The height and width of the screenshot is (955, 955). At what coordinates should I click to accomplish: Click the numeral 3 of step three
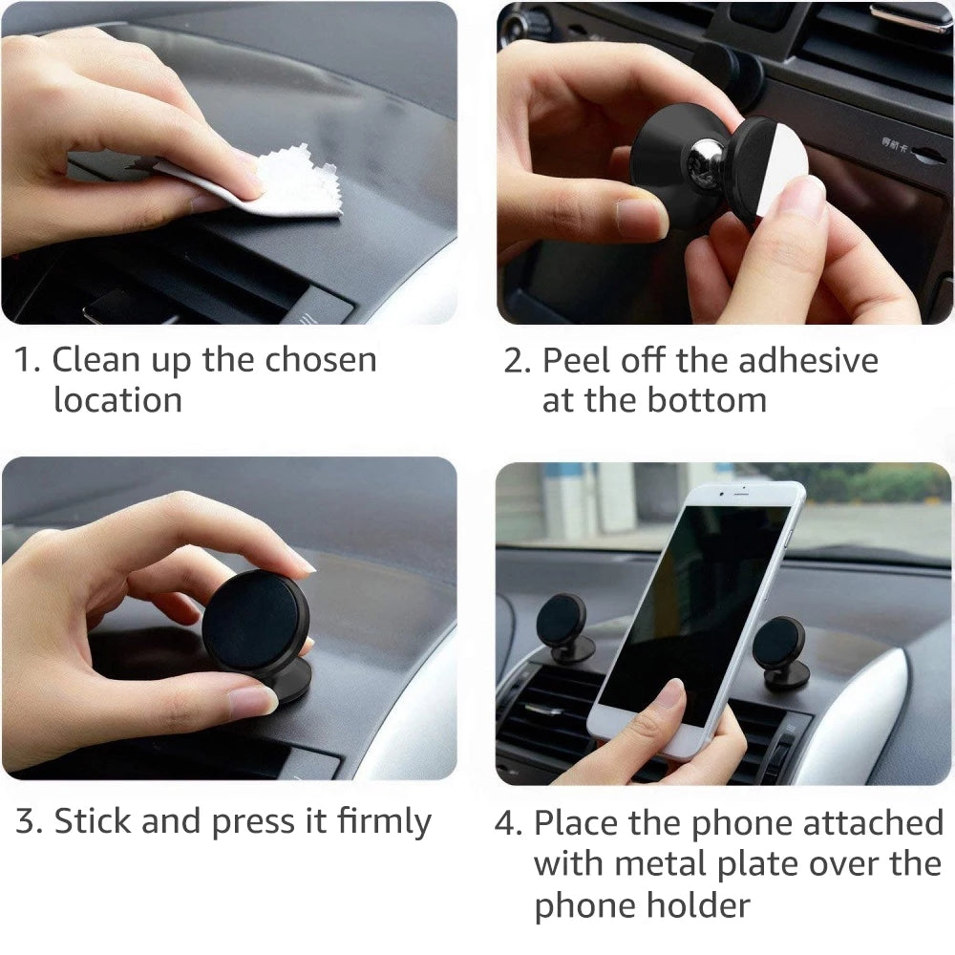pyautogui.click(x=27, y=822)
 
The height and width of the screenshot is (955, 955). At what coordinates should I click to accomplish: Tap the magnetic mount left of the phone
pyautogui.click(x=562, y=626)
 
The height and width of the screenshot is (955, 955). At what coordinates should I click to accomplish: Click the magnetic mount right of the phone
pyautogui.click(x=778, y=649)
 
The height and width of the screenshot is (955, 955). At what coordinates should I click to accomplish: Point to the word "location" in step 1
pyautogui.click(x=117, y=399)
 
